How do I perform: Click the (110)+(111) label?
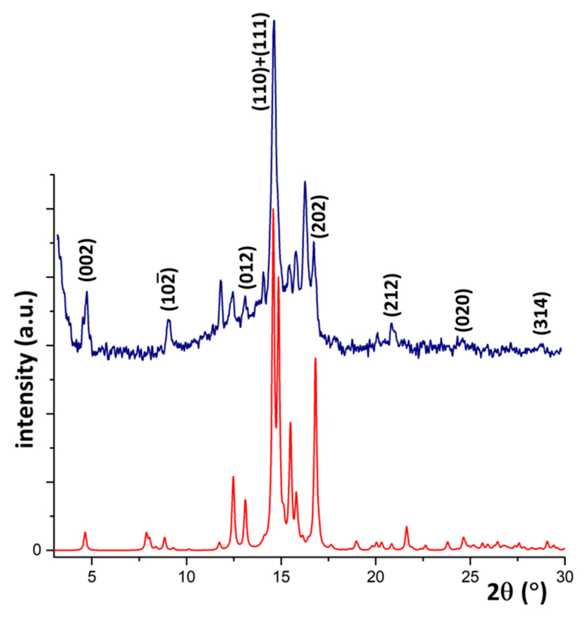260,62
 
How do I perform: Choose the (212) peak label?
392,295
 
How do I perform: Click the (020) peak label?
464,310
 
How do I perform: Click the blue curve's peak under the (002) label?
87,292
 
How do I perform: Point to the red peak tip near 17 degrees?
316,358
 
